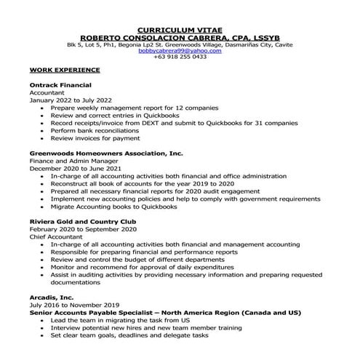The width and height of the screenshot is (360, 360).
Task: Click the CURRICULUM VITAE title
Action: point(180,31)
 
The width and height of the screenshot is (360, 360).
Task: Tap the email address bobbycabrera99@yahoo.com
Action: point(180,50)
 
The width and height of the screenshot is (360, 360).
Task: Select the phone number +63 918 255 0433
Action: point(180,57)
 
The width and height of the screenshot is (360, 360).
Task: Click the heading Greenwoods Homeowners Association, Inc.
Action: point(105,154)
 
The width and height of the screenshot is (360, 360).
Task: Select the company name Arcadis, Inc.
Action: point(53,298)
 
